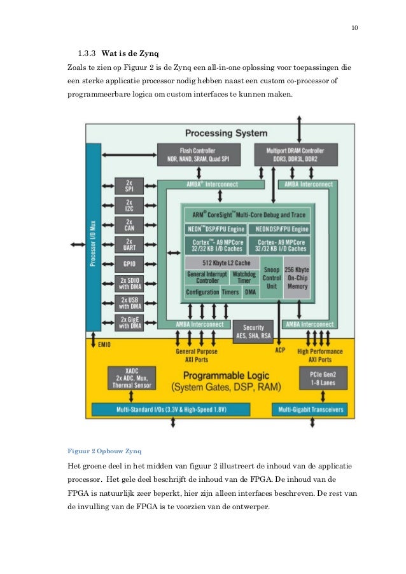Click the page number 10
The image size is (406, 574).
pos(354,27)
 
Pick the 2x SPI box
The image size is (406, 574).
pos(129,186)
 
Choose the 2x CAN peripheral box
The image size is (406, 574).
pos(129,225)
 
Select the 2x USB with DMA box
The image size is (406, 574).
pos(129,303)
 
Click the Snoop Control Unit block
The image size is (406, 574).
pos(272,278)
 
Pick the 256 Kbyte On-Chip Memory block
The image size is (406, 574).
pos(297,278)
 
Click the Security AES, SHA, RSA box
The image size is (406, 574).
pos(254,331)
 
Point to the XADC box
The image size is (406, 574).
pos(131,377)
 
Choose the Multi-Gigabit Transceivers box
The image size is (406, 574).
pos(312,410)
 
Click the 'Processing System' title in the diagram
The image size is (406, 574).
pos(226,133)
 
